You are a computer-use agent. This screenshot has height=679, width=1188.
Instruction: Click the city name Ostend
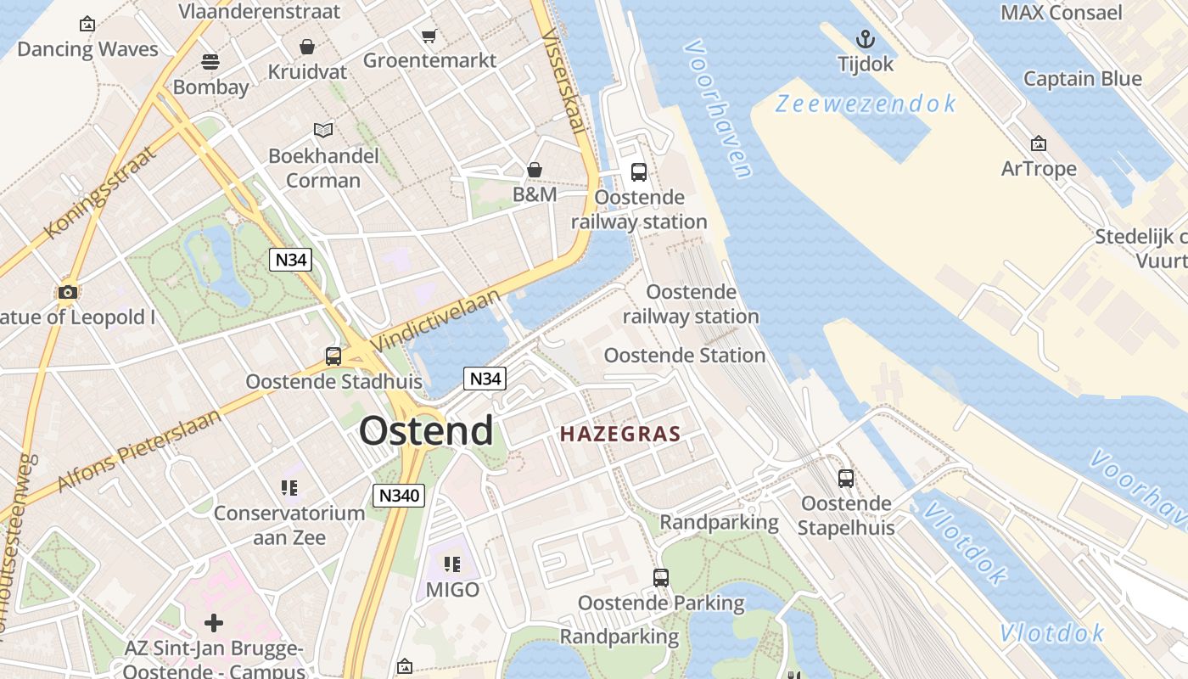425,431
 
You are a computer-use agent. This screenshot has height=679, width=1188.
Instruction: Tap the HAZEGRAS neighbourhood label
620,435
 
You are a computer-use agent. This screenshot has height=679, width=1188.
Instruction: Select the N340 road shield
398,495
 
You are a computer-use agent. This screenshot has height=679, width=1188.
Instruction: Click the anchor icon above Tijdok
865,39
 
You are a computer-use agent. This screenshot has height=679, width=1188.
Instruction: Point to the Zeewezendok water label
866,104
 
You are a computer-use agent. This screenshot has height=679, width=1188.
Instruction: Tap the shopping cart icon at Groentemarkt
429,36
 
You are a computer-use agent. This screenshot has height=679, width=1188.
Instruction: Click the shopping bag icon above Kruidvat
306,47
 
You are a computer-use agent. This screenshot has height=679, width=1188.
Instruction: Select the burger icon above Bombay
210,61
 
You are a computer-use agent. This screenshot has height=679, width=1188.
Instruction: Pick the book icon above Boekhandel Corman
323,130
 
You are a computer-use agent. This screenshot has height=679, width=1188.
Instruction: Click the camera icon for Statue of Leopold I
68,293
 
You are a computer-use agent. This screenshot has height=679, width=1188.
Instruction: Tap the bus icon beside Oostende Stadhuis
333,356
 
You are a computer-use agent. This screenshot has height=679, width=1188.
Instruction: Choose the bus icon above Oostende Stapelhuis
846,479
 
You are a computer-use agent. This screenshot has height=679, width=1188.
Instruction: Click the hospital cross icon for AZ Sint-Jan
214,624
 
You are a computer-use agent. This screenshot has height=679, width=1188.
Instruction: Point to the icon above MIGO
452,564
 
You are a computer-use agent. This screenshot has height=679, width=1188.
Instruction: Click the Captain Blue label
1082,79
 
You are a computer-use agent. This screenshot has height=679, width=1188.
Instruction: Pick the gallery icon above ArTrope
1038,144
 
